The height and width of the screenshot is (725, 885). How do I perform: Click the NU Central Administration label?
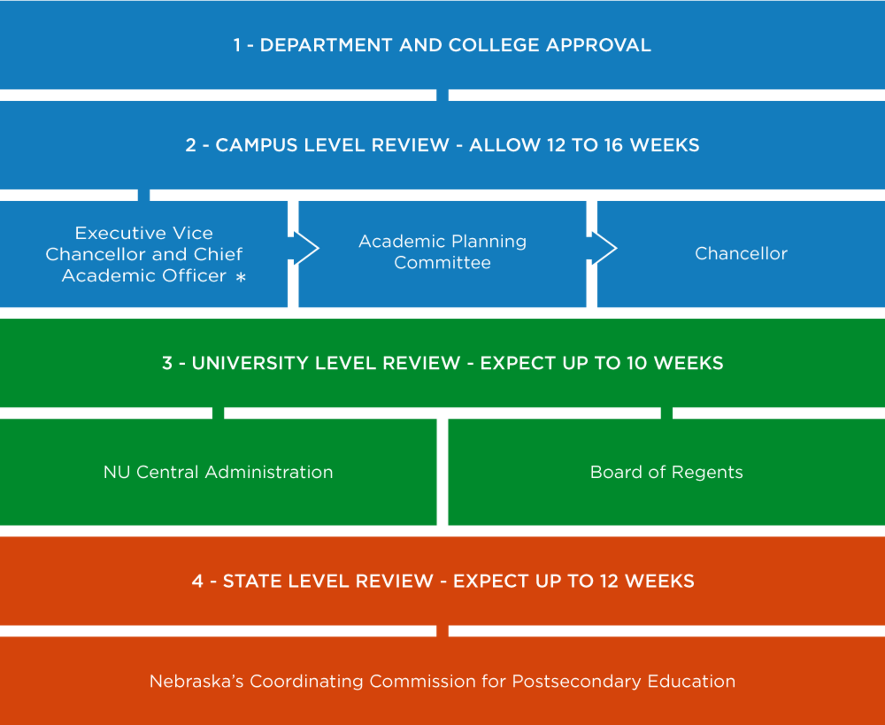coord(218,472)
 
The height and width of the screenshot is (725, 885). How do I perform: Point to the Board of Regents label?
coord(666,472)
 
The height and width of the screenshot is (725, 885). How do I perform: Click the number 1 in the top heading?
coord(237,45)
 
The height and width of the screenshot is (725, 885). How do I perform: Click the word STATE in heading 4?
coord(252,581)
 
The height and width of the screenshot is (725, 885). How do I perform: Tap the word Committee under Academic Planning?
coord(442,263)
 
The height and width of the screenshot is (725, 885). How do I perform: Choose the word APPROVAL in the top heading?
coord(599,45)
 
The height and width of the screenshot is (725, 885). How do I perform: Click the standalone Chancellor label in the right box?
coord(741,254)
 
